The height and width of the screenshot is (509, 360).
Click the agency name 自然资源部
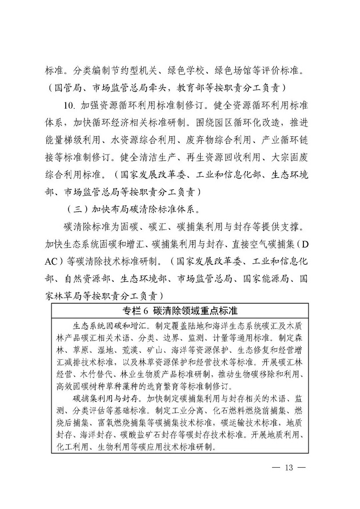[83, 279]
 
